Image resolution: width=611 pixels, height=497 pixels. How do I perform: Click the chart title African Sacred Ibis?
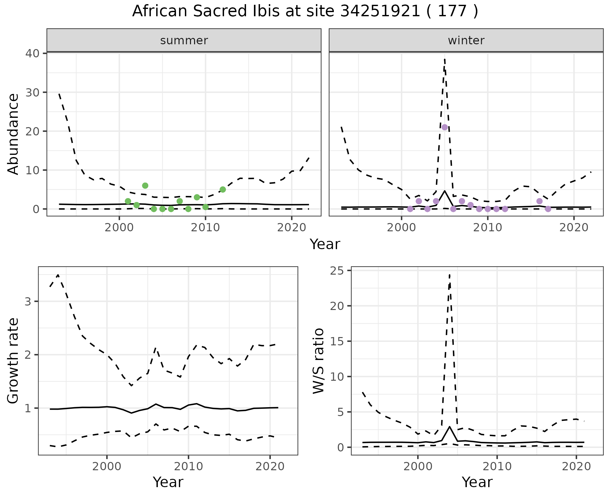coord(305,11)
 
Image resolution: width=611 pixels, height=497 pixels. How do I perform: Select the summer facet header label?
coord(184,40)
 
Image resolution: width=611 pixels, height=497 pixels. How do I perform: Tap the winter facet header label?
coord(466,40)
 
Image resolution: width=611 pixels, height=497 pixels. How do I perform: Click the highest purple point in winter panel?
coord(445,127)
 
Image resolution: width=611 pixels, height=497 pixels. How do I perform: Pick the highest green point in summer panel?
coord(145,185)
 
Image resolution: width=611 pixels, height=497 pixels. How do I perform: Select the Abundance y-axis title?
coord(13,134)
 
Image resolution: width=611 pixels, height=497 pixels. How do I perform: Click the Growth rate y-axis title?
coord(13,361)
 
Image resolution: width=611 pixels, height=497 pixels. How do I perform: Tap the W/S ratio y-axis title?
coord(318,361)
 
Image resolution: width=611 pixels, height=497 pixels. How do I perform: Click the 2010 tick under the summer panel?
coord(205,228)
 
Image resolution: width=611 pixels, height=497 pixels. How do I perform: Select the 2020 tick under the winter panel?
coord(573,228)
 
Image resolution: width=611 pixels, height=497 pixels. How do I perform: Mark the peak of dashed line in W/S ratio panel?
coord(449,274)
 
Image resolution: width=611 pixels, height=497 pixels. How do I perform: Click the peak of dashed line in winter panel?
coord(445,59)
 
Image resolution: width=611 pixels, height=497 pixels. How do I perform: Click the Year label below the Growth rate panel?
coord(168,482)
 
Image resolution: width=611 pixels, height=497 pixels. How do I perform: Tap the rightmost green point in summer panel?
coord(222,190)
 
